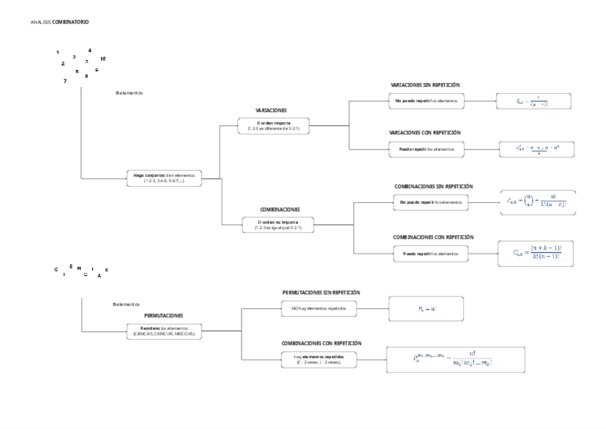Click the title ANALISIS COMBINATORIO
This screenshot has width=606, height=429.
click(x=60, y=22)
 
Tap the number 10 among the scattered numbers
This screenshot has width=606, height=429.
click(x=103, y=58)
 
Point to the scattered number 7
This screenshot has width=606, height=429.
click(x=65, y=81)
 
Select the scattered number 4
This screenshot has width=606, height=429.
click(x=89, y=50)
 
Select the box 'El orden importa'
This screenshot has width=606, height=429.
click(x=273, y=127)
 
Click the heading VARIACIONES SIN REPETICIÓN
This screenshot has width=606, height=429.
click(x=424, y=84)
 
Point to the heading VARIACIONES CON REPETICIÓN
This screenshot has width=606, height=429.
click(x=424, y=132)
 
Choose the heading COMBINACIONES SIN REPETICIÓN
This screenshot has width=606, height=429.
click(x=434, y=186)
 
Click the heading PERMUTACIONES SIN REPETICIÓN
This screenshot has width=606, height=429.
click(x=321, y=292)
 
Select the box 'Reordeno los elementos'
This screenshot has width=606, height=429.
click(x=164, y=330)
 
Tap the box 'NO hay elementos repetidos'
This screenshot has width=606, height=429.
click(x=318, y=309)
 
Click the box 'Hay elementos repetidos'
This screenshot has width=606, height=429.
click(x=318, y=359)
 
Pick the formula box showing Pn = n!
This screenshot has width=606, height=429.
click(x=427, y=309)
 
